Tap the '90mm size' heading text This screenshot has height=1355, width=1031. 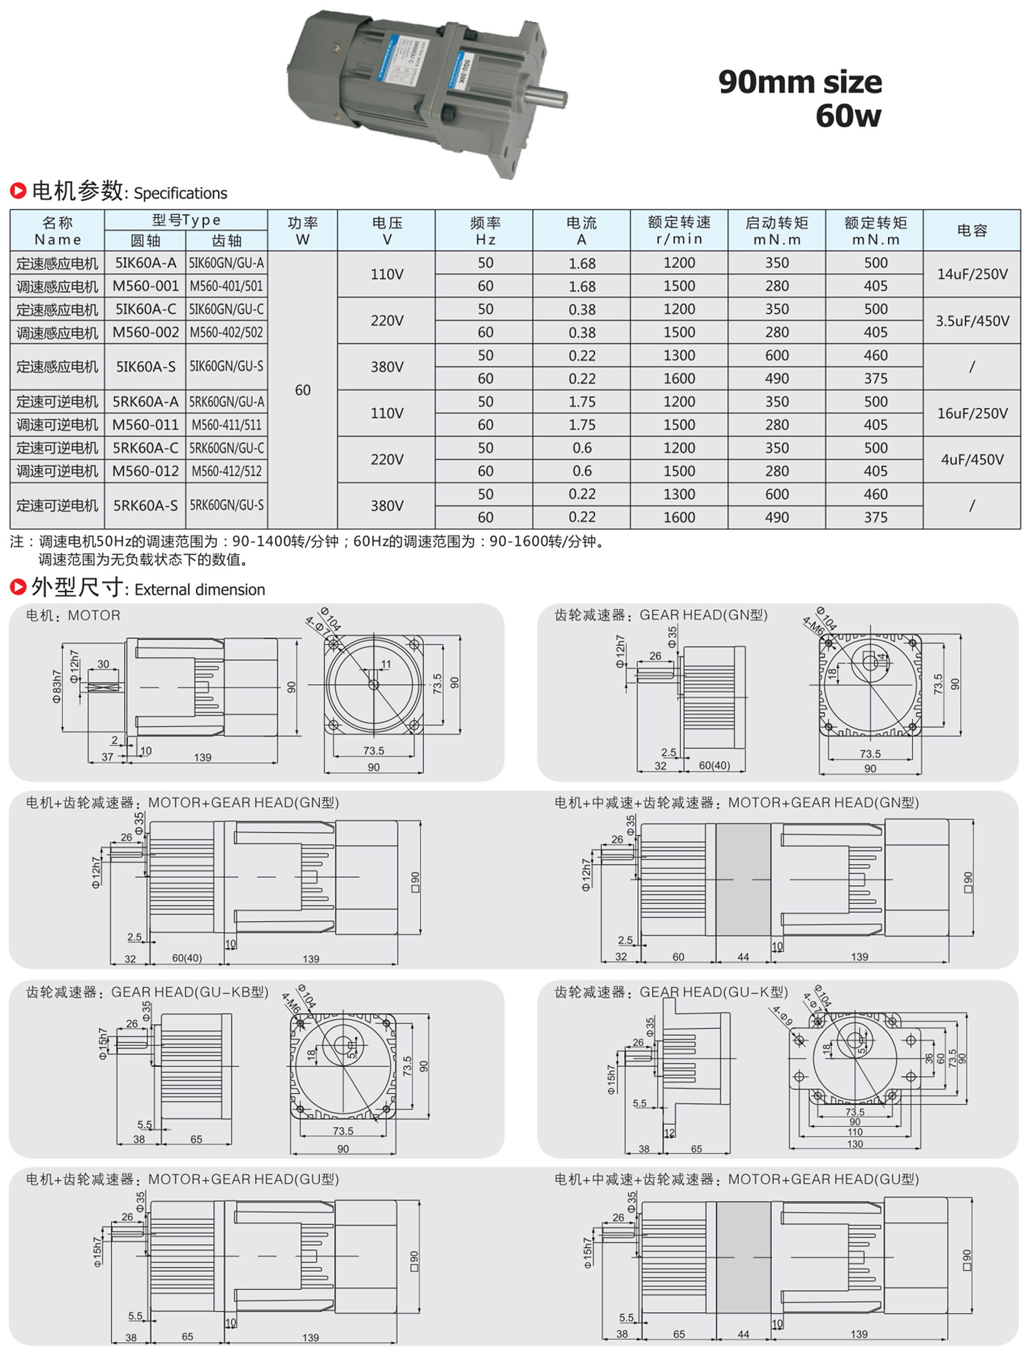(799, 82)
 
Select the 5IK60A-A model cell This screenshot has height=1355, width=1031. (146, 263)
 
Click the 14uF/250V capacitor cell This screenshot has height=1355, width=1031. (972, 274)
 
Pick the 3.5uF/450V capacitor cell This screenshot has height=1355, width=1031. (972, 321)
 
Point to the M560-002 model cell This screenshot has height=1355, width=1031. (146, 332)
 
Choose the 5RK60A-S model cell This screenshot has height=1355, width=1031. (146, 505)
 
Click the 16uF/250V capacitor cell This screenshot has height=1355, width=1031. (972, 413)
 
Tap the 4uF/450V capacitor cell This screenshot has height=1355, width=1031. (972, 459)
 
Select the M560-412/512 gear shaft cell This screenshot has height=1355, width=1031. (227, 471)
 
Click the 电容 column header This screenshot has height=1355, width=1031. (972, 231)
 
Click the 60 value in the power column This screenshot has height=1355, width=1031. (302, 390)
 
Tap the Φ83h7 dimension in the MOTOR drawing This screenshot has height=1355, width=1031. (57, 687)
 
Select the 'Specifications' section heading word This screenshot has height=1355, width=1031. (180, 193)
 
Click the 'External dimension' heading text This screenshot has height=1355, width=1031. (199, 590)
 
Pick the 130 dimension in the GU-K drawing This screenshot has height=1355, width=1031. (854, 1144)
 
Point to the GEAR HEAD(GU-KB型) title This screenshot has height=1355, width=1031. (190, 992)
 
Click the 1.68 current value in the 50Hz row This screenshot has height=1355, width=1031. (581, 263)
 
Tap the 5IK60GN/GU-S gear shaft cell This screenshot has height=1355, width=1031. (227, 367)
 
